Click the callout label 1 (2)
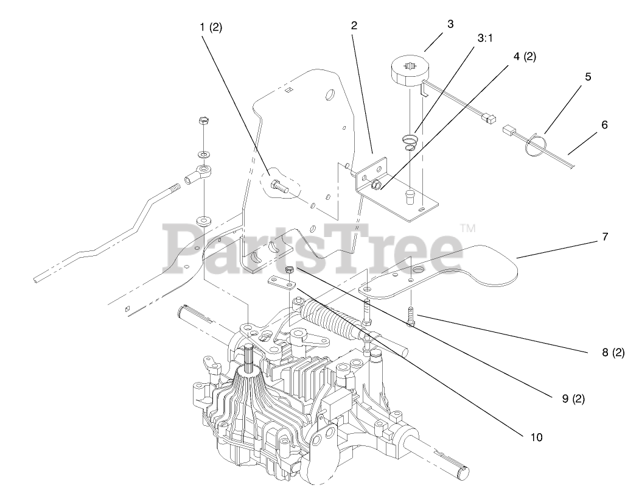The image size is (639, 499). tap(211, 27)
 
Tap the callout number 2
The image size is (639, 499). tap(354, 26)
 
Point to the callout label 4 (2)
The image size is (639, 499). tap(525, 57)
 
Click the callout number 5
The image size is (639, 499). tap(588, 77)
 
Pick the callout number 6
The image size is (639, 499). tap(604, 125)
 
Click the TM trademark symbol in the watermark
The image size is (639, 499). tap(467, 228)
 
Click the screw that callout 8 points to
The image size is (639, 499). tap(410, 318)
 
